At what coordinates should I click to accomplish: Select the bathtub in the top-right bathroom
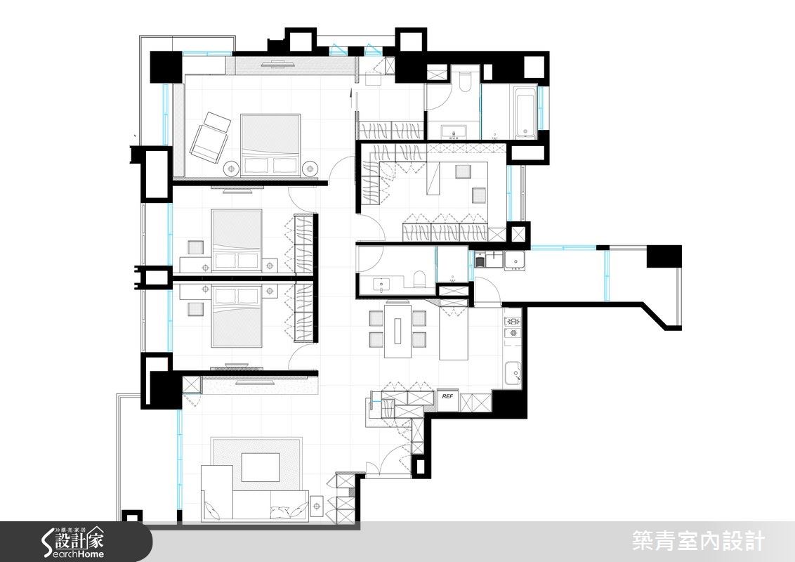pos(525,112)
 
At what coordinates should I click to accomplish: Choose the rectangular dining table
pos(398,330)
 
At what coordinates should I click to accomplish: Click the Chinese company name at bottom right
pos(697,542)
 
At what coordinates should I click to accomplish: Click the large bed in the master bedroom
pos(271,145)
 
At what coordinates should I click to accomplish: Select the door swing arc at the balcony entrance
pos(486,289)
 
